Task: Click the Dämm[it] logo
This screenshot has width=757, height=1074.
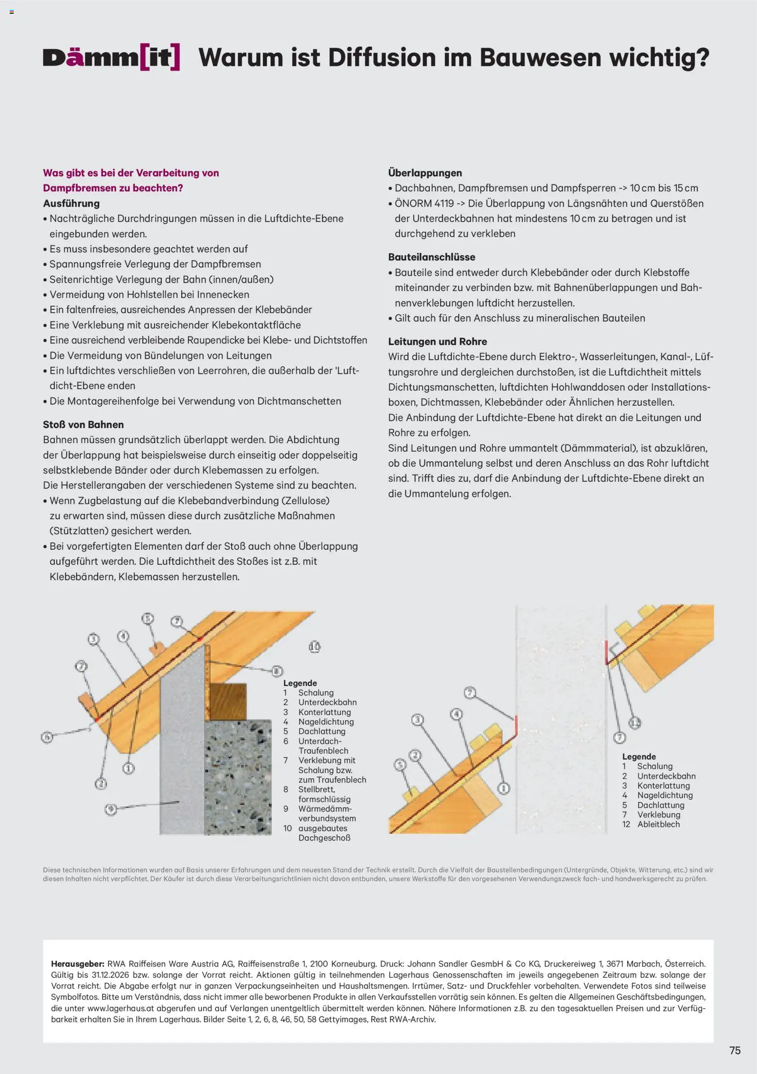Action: [x=111, y=58]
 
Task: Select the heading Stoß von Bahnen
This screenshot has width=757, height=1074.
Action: [x=83, y=424]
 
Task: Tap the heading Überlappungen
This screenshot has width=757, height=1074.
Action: [x=425, y=173]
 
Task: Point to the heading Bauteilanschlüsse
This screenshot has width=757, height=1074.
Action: [x=431, y=257]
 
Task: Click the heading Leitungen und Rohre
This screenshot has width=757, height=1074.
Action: [x=437, y=341]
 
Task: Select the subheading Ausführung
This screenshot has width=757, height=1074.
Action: [x=71, y=203]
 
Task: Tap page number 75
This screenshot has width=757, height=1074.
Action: [x=735, y=1050]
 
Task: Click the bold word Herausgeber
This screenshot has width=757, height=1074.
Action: [x=77, y=964]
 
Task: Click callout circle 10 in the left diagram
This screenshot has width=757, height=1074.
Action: [x=315, y=647]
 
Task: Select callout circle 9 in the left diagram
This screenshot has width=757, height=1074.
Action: [x=111, y=809]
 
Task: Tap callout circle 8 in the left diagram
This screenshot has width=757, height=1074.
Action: [x=277, y=671]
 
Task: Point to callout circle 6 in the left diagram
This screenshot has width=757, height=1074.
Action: [x=47, y=737]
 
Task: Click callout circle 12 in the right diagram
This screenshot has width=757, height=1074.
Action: [x=634, y=723]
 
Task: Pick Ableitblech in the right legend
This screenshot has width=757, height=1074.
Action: [x=658, y=824]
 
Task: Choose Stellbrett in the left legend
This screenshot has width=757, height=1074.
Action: [x=316, y=789]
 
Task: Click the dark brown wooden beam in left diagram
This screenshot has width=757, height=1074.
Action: [x=228, y=702]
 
